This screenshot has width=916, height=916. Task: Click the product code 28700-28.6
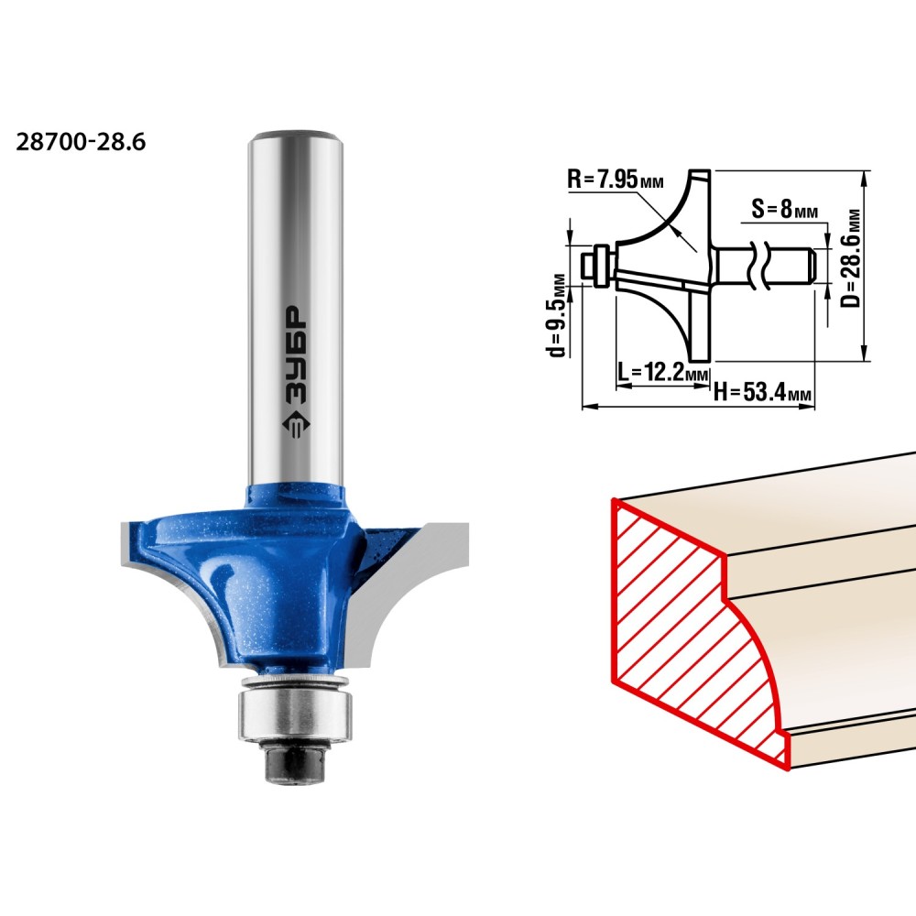(81, 143)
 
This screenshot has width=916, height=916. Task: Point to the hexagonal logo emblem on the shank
(296, 428)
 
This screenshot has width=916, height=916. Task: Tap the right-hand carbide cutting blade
(412, 590)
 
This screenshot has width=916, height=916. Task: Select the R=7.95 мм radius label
(616, 179)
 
